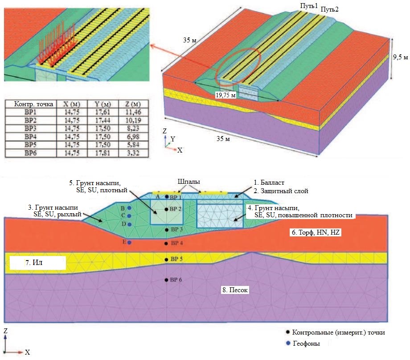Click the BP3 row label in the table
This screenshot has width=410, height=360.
(31, 129)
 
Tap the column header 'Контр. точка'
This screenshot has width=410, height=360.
(31, 104)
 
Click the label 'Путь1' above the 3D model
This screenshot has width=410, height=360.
(309, 6)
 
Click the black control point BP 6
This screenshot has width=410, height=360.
(167, 280)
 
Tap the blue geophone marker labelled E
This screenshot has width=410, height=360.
(129, 243)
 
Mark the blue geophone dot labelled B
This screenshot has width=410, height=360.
(129, 208)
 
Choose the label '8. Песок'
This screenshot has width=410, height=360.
(235, 290)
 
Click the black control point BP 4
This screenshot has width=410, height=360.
(167, 244)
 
